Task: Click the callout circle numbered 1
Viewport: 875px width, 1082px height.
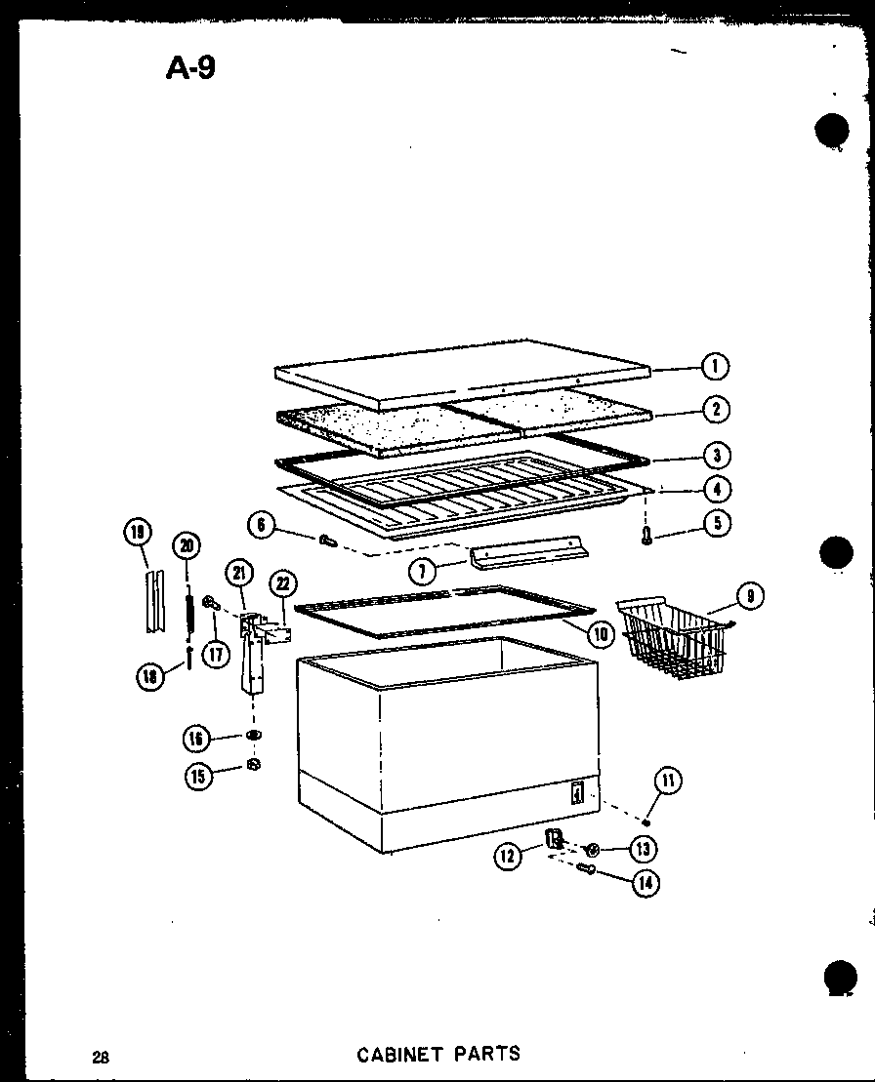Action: [x=716, y=367]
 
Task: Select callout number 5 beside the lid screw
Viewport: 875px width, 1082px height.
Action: [x=717, y=523]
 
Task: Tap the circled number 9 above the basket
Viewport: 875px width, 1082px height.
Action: [x=750, y=595]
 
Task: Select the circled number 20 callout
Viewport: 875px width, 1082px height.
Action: [x=187, y=546]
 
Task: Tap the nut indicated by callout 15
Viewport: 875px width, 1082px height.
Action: [x=252, y=764]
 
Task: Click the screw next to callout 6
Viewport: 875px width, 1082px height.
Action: [x=327, y=538]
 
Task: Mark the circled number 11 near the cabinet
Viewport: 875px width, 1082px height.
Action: [x=669, y=780]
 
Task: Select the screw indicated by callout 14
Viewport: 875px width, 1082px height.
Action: [x=588, y=867]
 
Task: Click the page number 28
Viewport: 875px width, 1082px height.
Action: [x=101, y=1056]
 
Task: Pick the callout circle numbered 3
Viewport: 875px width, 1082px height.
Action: [x=716, y=455]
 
